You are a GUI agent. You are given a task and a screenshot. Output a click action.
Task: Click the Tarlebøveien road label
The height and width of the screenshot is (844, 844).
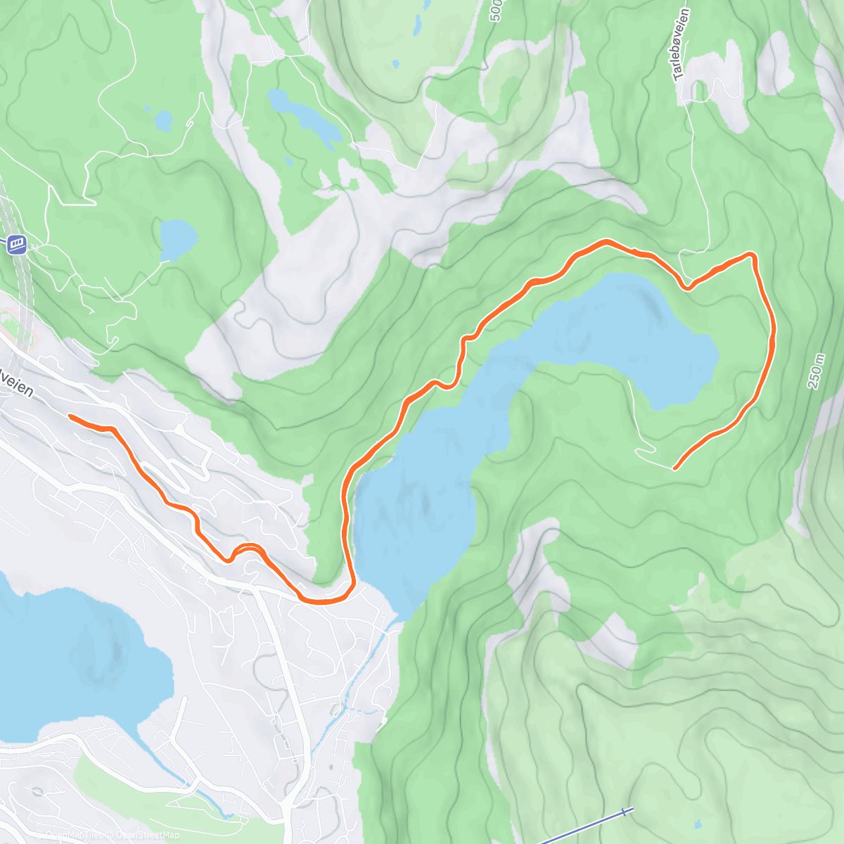(681, 44)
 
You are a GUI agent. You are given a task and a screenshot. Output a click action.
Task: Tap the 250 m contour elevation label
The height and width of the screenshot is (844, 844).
(816, 371)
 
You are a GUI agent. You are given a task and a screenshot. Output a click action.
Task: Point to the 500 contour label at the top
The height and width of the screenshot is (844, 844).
(497, 10)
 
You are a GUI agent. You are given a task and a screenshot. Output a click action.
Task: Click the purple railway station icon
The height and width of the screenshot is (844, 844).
(17, 244)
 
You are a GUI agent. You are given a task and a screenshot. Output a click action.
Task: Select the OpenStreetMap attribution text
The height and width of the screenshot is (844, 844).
(147, 835)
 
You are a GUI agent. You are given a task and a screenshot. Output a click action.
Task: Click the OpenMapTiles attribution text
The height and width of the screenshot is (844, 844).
(74, 835)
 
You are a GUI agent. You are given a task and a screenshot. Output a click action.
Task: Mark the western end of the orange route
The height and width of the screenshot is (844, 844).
(70, 416)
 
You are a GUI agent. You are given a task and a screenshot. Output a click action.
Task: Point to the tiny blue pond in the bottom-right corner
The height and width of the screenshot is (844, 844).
(697, 824)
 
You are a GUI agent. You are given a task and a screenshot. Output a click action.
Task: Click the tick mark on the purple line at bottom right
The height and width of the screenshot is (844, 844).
(625, 813)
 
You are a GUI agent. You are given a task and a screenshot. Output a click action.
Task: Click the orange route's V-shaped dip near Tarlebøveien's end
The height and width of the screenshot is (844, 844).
(688, 286)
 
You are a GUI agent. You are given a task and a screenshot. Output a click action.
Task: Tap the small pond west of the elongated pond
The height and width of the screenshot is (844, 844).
(163, 120)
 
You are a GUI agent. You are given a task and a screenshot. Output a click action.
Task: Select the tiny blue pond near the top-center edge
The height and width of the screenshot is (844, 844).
(418, 25)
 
